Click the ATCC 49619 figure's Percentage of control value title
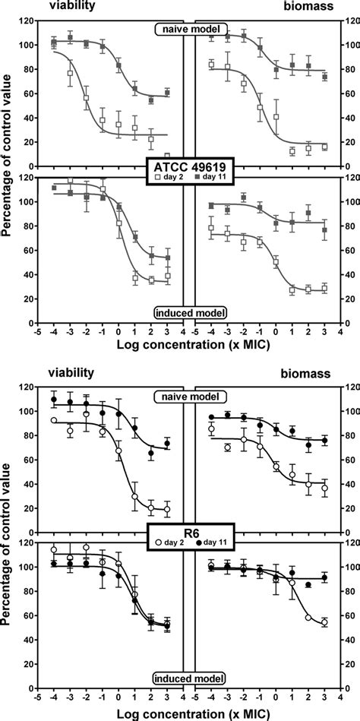pos(9,165)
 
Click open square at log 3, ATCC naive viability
pos(167,156)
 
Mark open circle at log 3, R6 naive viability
pos(167,510)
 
